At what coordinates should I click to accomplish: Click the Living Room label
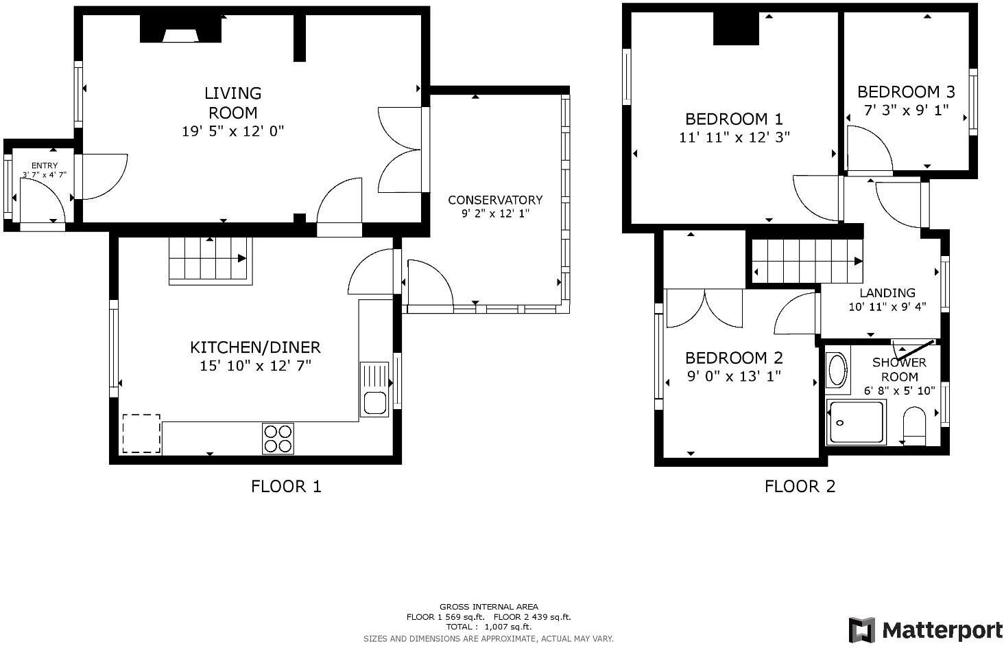pos(232,102)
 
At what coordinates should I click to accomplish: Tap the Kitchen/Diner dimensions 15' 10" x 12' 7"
pos(255,366)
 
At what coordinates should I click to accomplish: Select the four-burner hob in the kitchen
pos(278,439)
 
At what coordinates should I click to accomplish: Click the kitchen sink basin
pos(374,402)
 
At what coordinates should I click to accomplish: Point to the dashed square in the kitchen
pos(141,434)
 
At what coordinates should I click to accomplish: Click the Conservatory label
pos(494,200)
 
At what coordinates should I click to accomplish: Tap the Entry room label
pos(45,165)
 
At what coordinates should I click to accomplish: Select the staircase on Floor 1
pos(209,259)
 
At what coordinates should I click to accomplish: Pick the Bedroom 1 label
pos(734,119)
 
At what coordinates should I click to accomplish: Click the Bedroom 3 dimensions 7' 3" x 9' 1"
pos(905,110)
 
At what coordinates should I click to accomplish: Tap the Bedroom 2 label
pos(734,358)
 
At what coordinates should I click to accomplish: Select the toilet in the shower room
pos(914,424)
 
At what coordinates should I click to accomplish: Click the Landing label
pos(887,292)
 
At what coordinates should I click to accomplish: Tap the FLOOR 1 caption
pos(286,487)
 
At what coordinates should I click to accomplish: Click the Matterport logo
pos(925,629)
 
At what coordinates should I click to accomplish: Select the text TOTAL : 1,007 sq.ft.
pos(488,627)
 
